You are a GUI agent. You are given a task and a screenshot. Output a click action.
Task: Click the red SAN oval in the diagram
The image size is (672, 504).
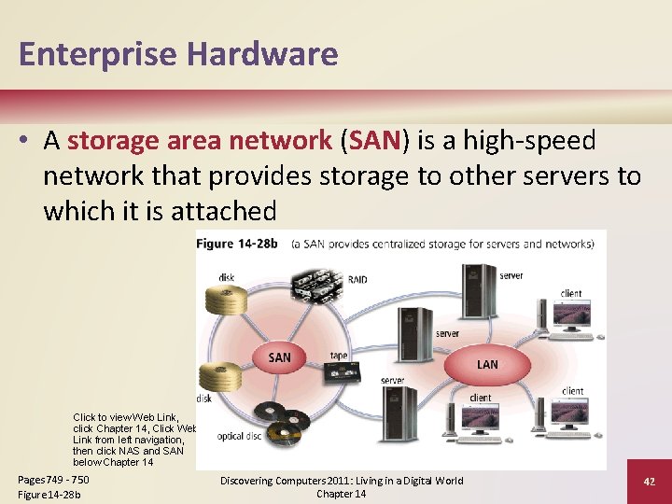pos(279,357)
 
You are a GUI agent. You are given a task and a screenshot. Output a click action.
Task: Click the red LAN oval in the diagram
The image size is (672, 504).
pos(487,364)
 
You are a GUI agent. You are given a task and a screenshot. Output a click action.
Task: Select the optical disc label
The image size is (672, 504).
pos(240,436)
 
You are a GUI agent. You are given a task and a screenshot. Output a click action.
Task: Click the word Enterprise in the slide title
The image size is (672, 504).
pos(95,54)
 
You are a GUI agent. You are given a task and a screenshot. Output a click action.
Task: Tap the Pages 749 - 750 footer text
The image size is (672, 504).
pos(53,480)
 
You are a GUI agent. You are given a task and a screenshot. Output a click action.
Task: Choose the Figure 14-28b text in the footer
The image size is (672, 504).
pos(49,494)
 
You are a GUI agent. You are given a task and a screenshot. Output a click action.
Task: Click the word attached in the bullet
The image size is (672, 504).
pos(224,211)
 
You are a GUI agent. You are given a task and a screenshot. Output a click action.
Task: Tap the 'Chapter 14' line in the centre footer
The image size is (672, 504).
pos(341,494)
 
